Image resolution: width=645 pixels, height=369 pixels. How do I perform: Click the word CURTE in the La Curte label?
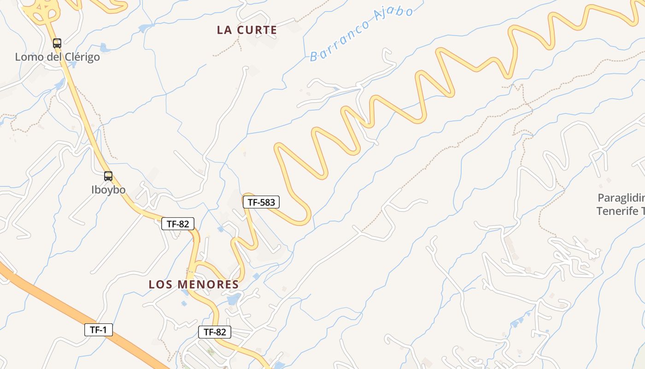[x=257, y=30]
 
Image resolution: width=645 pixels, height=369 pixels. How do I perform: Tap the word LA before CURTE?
[x=224, y=30]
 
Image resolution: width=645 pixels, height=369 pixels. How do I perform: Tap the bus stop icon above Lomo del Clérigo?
[x=57, y=43]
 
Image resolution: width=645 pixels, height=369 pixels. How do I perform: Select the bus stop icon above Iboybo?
[x=108, y=176]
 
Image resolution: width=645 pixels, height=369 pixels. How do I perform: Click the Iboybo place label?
[x=108, y=190]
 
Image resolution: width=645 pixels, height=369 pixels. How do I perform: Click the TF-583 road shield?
[x=261, y=202]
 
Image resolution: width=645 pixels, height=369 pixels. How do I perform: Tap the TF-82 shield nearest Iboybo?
[x=178, y=224]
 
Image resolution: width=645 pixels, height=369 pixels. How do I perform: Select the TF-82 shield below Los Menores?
[x=215, y=332]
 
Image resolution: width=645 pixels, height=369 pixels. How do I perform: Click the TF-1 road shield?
[x=98, y=330]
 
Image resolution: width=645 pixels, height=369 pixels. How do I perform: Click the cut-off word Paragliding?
[x=621, y=198]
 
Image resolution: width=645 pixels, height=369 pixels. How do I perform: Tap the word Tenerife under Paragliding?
[x=617, y=211]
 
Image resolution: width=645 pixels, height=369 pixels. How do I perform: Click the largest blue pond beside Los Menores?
[x=234, y=299]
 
